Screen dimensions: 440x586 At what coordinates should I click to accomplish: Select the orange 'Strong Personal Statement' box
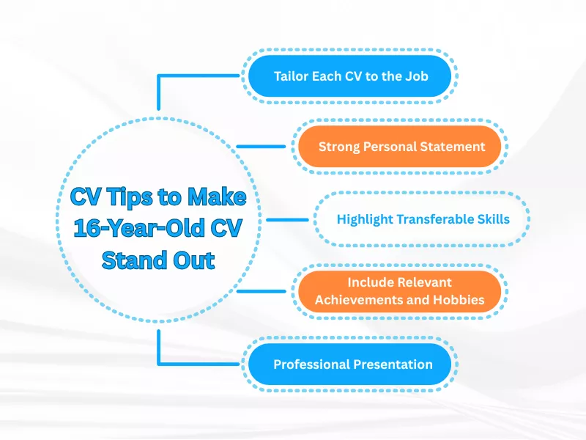pyautogui.click(x=401, y=146)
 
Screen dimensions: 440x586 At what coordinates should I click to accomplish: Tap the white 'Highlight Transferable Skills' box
pyautogui.click(x=423, y=219)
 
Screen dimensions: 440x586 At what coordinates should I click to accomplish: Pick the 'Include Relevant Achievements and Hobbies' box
pyautogui.click(x=401, y=290)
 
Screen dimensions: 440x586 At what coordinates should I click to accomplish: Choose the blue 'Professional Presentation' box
pyautogui.click(x=352, y=364)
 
